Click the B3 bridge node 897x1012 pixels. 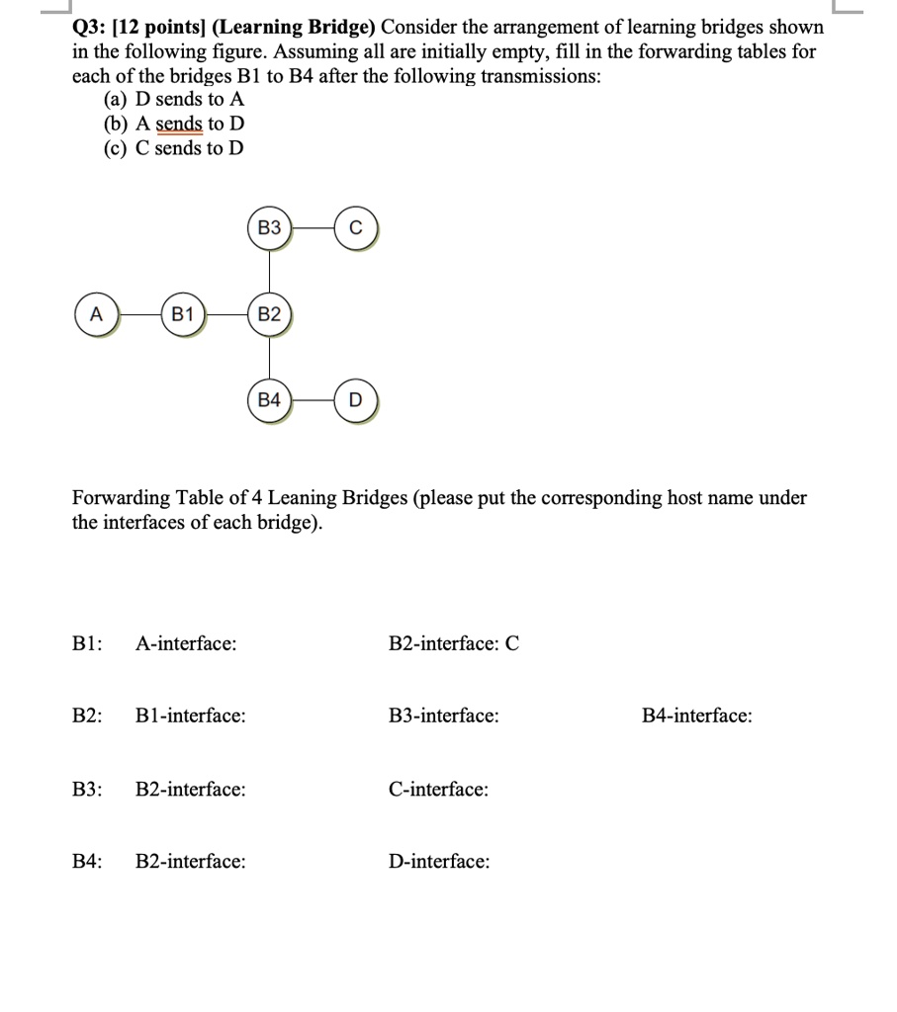click(x=269, y=228)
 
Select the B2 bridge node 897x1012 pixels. click(x=269, y=315)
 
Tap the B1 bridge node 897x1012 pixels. click(x=182, y=315)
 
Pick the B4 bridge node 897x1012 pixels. click(x=269, y=401)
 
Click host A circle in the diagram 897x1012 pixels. click(x=96, y=315)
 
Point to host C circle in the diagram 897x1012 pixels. click(x=356, y=228)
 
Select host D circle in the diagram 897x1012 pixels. click(x=356, y=401)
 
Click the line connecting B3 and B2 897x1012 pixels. click(x=269, y=272)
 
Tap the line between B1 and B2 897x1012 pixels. click(x=225, y=315)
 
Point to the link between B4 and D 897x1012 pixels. click(x=313, y=401)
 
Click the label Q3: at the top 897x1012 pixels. click(x=91, y=27)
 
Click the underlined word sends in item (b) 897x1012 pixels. click(x=180, y=124)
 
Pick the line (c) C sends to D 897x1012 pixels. click(x=173, y=148)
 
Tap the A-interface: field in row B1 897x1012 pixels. click(x=186, y=643)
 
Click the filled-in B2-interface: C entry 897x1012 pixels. click(x=454, y=643)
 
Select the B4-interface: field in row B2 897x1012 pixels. click(x=696, y=716)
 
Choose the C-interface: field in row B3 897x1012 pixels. click(x=438, y=789)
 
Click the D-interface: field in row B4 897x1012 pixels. click(x=439, y=862)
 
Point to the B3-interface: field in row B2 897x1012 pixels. click(x=444, y=716)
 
